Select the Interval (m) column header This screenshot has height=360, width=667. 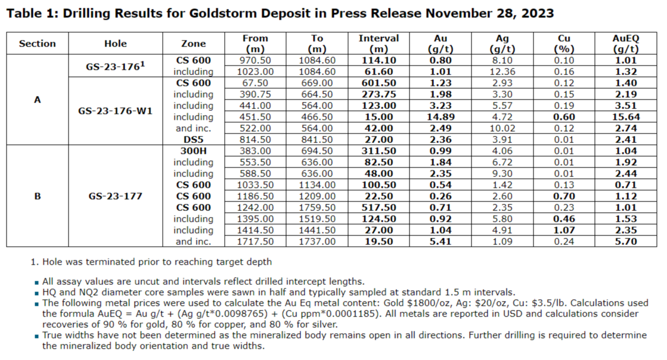pyautogui.click(x=379, y=44)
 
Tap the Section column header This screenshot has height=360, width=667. pyautogui.click(x=38, y=44)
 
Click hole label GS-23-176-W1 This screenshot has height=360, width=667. pyautogui.click(x=116, y=111)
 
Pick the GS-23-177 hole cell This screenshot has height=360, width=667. pyautogui.click(x=116, y=196)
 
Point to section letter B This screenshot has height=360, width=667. pyautogui.click(x=38, y=196)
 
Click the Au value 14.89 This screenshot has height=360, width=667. pyautogui.click(x=442, y=117)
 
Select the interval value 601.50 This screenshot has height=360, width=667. pyautogui.click(x=379, y=83)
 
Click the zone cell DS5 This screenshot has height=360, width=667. pyautogui.click(x=194, y=139)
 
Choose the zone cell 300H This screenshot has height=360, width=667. pyautogui.click(x=194, y=151)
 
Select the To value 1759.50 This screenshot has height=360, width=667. pyautogui.click(x=317, y=207)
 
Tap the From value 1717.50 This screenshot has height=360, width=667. pyautogui.click(x=256, y=241)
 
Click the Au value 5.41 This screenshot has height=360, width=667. pyautogui.click(x=442, y=241)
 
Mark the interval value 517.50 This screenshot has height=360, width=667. pyautogui.click(x=379, y=207)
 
